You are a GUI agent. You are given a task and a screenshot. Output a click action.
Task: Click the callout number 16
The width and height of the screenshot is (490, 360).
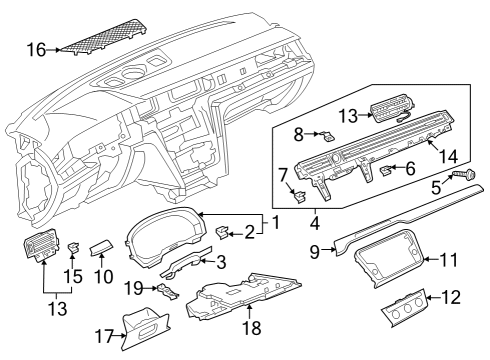36,50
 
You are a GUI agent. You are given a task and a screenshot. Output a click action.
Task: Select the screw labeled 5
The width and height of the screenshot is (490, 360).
464,174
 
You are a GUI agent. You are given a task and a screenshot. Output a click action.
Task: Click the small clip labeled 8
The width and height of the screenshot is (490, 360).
328,135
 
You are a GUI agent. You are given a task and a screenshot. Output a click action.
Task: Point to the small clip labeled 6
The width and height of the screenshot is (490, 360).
386,170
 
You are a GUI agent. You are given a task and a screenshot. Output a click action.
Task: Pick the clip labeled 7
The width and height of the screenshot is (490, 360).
299,196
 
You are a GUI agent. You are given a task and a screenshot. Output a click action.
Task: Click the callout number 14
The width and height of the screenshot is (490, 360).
448,156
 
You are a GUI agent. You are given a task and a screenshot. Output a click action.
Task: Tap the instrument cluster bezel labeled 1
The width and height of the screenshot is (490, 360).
165,237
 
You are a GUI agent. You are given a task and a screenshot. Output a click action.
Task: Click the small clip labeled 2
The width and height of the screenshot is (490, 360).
223,232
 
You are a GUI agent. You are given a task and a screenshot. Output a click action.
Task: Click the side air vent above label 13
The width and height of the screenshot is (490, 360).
42,247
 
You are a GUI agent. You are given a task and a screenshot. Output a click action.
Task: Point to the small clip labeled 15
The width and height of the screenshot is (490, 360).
75,248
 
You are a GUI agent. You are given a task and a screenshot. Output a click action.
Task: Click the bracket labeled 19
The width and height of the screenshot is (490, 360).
168,291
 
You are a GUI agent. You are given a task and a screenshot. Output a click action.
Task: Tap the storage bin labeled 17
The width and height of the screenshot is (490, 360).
144,328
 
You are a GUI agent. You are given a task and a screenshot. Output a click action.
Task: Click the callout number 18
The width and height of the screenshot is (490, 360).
252,328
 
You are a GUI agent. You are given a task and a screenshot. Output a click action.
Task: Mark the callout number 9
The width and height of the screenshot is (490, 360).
315,252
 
